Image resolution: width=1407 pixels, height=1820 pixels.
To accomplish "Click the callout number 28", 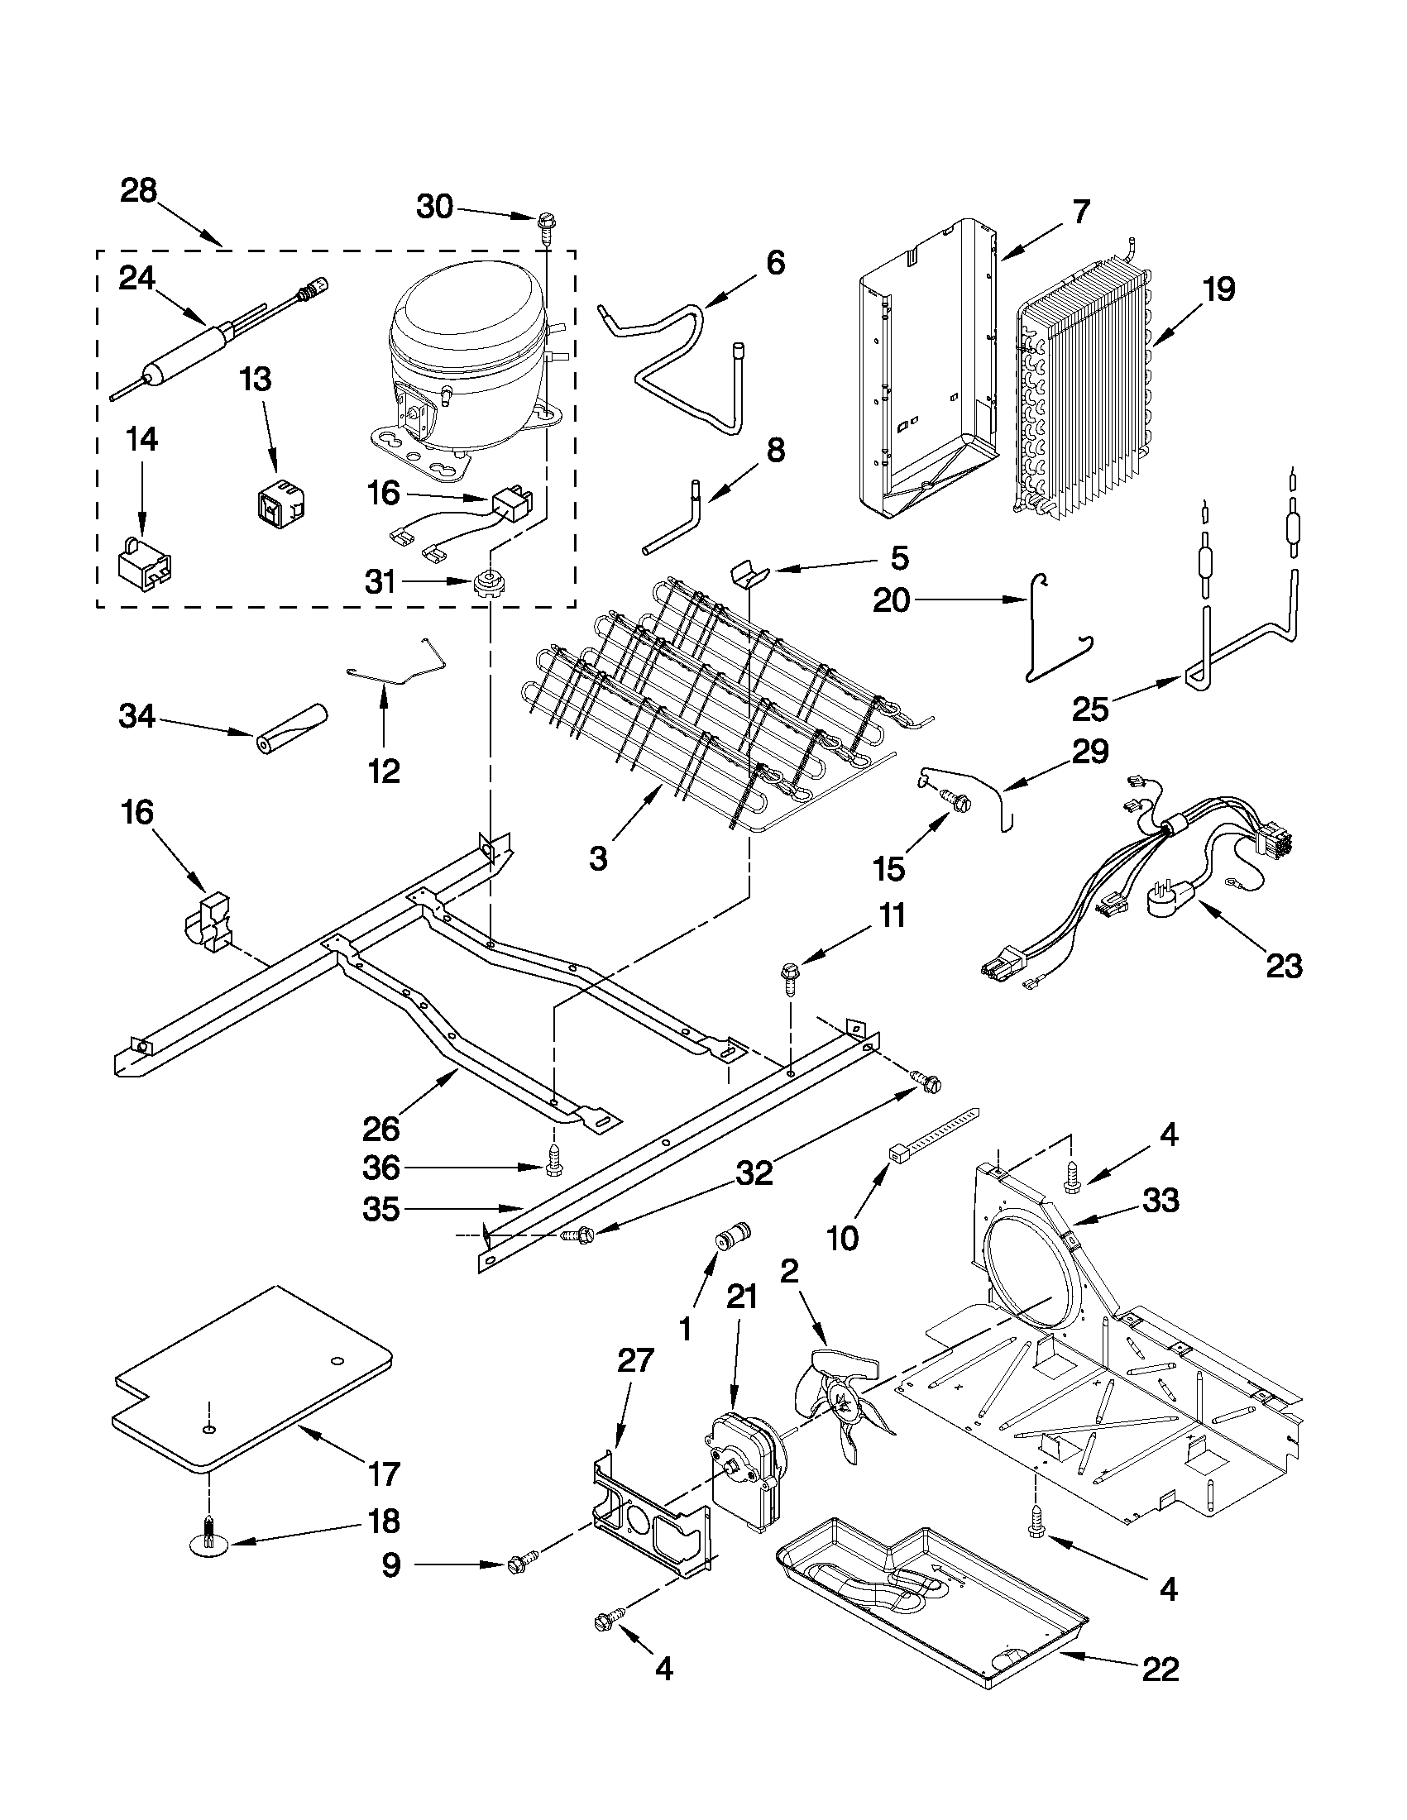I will click(x=138, y=191).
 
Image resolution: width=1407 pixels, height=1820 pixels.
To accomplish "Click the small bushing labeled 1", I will click(x=734, y=1235).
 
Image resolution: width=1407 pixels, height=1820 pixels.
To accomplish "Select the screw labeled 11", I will click(x=789, y=976).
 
